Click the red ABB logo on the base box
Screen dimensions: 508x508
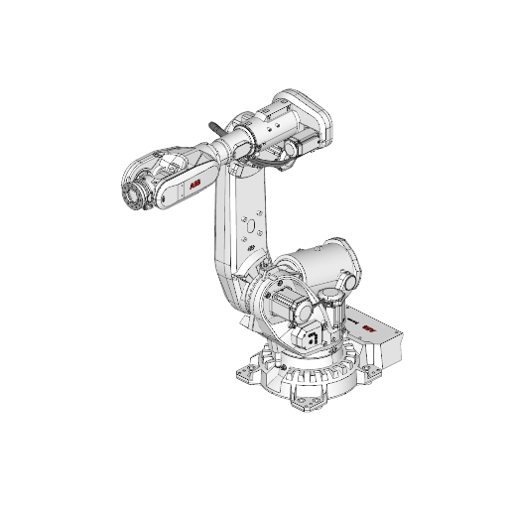369,329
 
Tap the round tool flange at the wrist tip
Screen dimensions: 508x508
128,195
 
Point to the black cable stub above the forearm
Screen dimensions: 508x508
215,128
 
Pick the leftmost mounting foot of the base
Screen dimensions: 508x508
246,375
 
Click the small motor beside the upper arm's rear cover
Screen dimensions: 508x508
293,149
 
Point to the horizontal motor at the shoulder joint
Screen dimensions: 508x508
283,302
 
